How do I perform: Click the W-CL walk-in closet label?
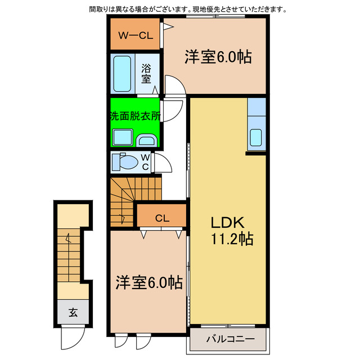(135, 35)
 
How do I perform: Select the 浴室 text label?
(146, 73)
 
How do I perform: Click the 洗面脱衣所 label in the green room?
(134, 116)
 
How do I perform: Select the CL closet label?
(161, 218)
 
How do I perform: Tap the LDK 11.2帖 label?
(231, 231)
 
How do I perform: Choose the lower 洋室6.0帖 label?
(149, 282)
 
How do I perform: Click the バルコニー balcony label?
(229, 339)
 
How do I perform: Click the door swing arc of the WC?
(162, 163)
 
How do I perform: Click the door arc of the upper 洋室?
(174, 87)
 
